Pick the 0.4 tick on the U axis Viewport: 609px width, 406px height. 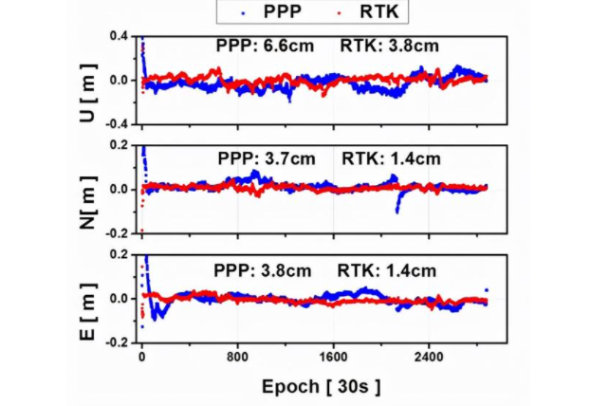[119, 36]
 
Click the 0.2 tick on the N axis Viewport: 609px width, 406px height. [119, 145]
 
